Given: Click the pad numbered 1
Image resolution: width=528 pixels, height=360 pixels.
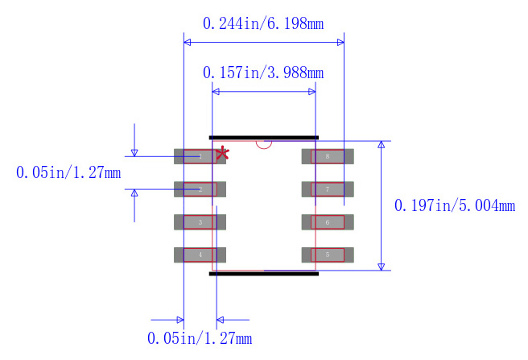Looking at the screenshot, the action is click(200, 156).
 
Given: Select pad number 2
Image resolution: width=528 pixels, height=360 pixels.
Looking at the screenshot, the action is click(200, 189).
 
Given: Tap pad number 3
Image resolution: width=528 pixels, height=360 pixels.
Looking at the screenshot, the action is click(200, 222).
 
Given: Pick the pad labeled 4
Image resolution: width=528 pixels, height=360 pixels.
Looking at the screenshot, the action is click(200, 254).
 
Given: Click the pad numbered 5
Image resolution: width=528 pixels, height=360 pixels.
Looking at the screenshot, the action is click(328, 254).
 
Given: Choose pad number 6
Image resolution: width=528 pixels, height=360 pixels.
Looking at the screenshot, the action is click(328, 222).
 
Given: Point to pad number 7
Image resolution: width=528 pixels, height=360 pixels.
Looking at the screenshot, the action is click(328, 189).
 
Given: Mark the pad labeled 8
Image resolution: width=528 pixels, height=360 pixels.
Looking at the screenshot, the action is click(328, 156).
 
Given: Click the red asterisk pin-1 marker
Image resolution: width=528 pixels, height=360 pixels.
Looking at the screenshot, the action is click(222, 154).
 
